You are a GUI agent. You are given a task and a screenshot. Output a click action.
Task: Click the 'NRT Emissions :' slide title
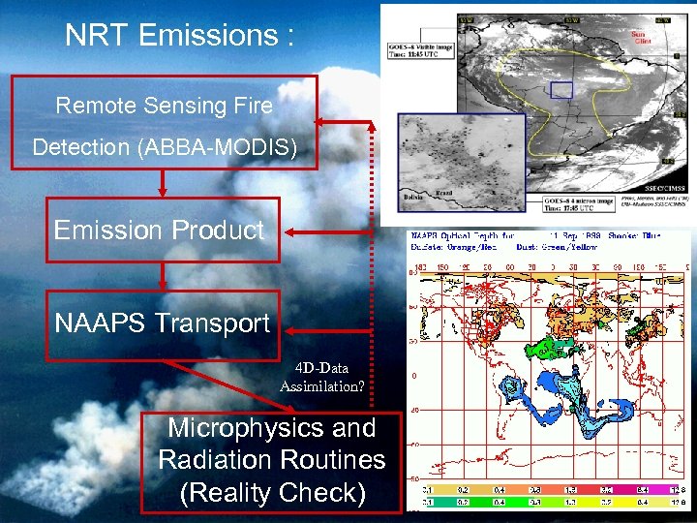tap(178, 36)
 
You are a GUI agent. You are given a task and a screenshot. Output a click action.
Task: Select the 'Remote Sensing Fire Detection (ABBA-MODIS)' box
tap(164, 127)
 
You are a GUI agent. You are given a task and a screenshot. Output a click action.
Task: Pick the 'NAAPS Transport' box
tap(163, 323)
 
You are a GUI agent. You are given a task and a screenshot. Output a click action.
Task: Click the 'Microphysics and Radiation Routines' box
tap(272, 460)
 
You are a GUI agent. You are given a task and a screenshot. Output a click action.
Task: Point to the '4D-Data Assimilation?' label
tap(322, 378)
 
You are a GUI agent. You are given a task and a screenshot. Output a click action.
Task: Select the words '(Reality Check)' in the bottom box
tap(272, 493)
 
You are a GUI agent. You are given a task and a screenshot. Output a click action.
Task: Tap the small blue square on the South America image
tap(561, 90)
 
